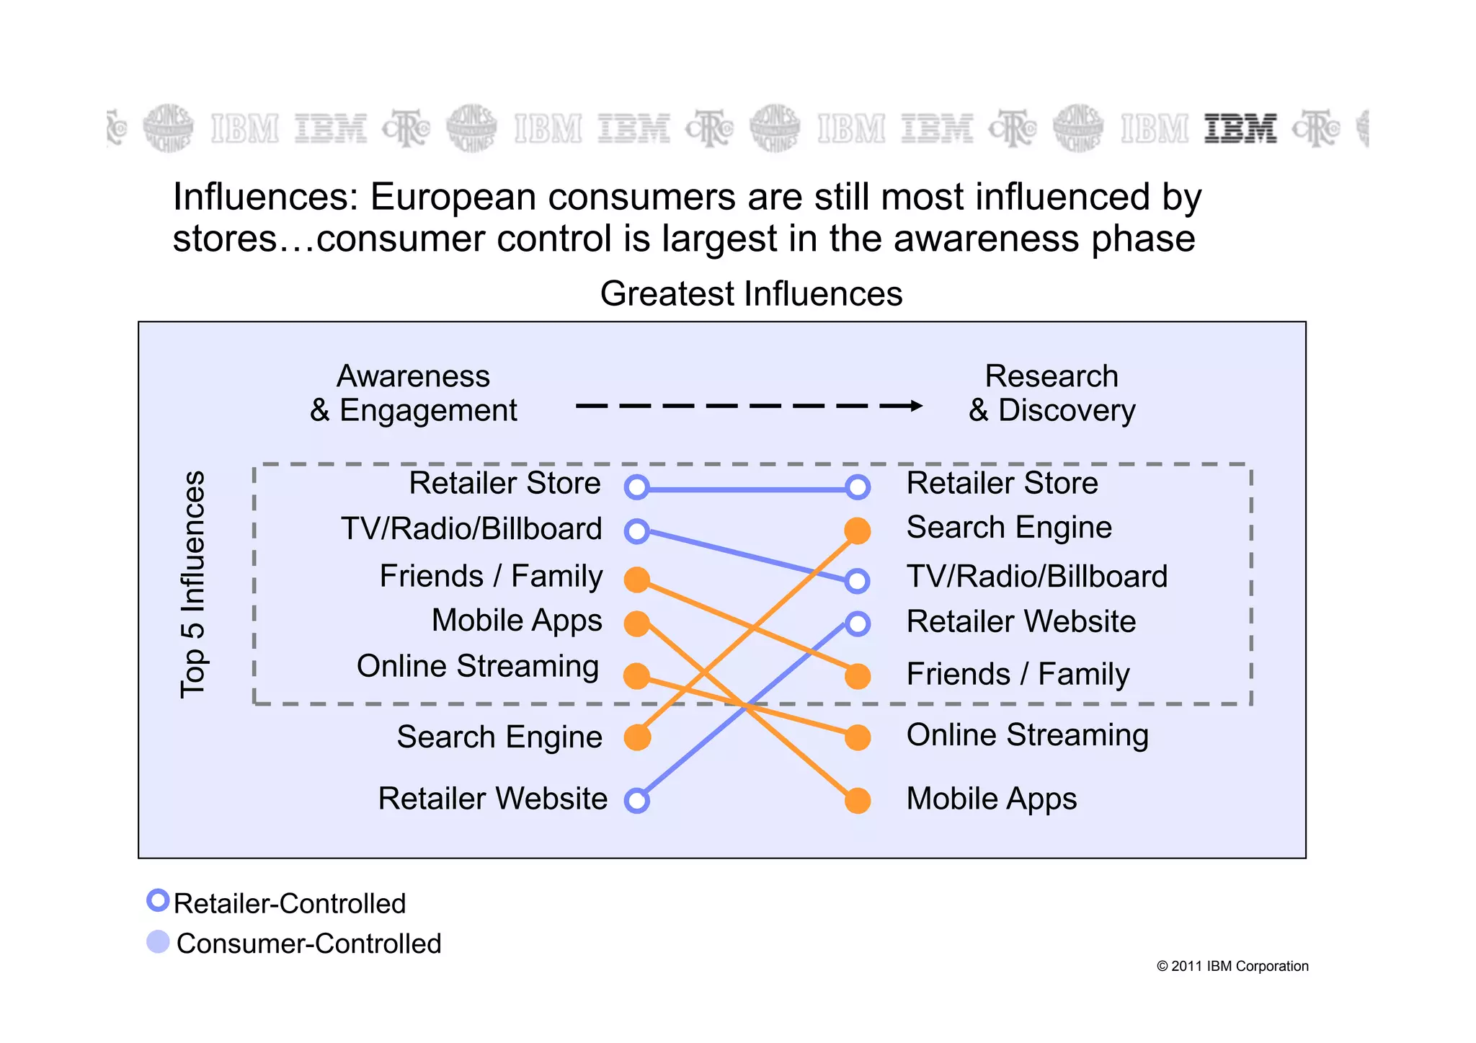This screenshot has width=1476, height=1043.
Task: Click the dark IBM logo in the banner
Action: pos(1240,128)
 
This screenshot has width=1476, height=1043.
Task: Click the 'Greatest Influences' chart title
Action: pos(751,294)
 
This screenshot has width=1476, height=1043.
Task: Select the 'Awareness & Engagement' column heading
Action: pos(414,394)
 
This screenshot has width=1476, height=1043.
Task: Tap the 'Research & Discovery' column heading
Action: pos(1052,394)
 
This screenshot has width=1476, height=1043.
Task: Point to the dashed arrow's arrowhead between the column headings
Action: pos(915,406)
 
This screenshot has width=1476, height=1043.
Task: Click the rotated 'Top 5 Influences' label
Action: pos(192,584)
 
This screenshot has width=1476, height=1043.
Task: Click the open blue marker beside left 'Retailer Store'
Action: pos(637,487)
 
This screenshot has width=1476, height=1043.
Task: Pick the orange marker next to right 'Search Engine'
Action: pos(857,531)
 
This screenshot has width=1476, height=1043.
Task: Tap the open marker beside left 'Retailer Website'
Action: pos(637,801)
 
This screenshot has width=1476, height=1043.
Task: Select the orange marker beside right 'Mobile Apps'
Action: pos(857,801)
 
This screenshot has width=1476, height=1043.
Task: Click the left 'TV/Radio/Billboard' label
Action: pos(471,529)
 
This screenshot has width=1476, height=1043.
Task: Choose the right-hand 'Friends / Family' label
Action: pos(1018,675)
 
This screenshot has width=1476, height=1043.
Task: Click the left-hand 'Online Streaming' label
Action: pos(478,667)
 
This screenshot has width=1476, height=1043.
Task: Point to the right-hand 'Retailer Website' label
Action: pos(1021,622)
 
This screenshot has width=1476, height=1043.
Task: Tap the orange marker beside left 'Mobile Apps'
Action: pos(637,623)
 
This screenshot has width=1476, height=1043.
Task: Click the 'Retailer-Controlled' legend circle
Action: pos(158,900)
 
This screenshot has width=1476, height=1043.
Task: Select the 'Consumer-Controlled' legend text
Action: pos(308,944)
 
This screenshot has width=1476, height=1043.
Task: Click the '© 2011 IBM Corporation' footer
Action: pos(1232,967)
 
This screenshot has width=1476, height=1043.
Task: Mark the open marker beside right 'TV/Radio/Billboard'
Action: pos(857,580)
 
